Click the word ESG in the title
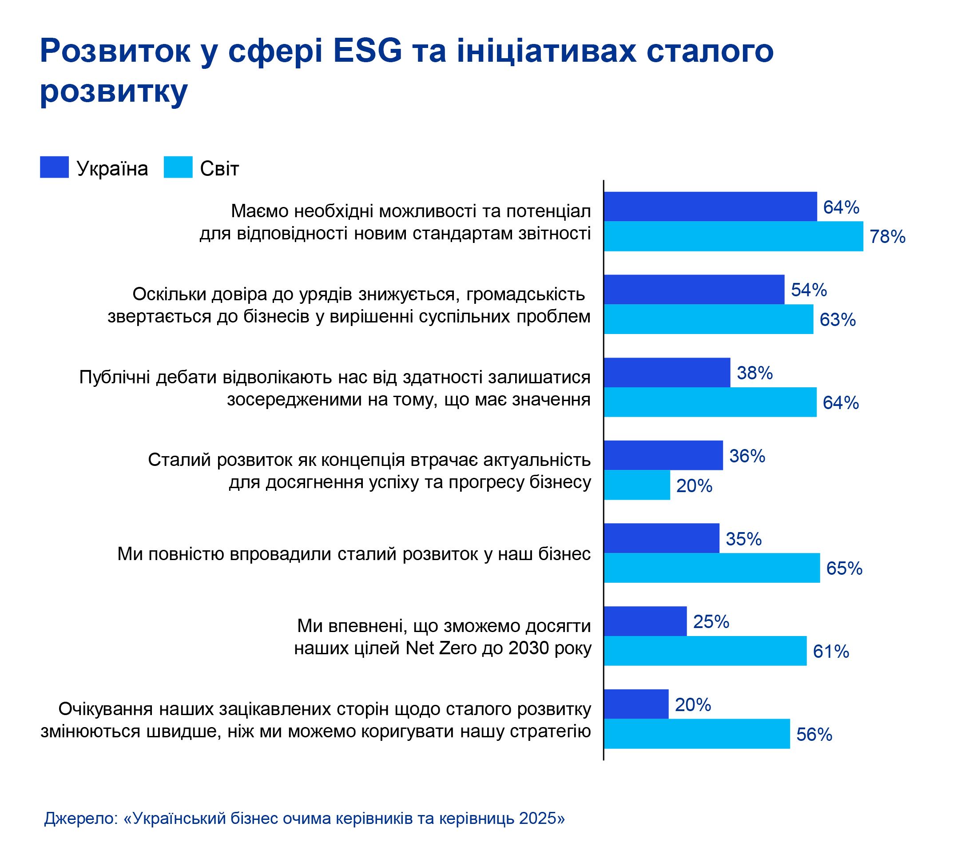(367, 51)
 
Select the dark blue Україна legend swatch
(54, 167)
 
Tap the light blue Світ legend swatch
(178, 167)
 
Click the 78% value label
(887, 237)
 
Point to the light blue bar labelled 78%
(733, 236)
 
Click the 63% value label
(838, 320)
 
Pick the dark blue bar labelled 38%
(667, 373)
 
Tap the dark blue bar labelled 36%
(663, 455)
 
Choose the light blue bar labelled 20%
(637, 485)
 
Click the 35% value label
(743, 539)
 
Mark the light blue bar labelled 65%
(712, 568)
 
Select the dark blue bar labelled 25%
(645, 621)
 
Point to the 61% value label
(831, 652)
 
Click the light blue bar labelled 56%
(697, 734)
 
